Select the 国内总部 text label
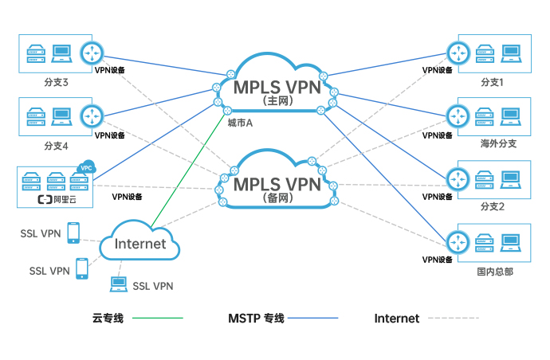(494, 271)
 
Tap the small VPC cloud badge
(85, 168)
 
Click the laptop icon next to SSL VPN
(118, 282)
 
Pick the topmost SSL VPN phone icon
(73, 232)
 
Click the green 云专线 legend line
(158, 319)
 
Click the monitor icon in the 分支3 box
(62, 53)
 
